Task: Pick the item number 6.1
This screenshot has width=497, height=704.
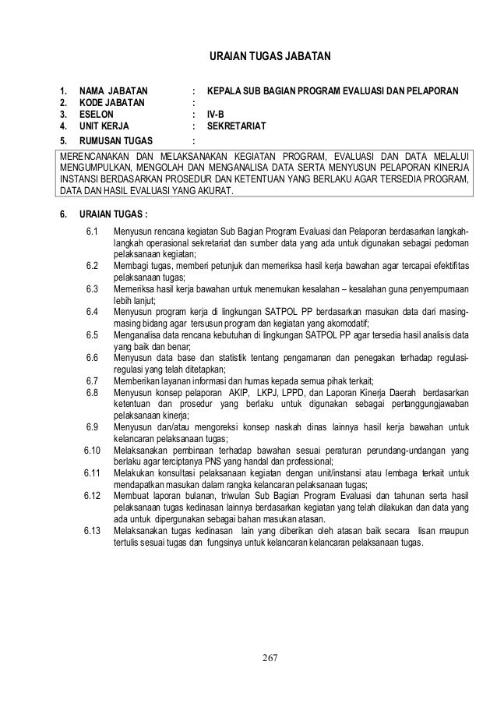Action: [93, 232]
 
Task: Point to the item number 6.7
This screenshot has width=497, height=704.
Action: [93, 380]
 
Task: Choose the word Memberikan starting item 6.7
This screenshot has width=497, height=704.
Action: [136, 380]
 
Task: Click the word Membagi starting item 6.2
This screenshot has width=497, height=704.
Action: [131, 266]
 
